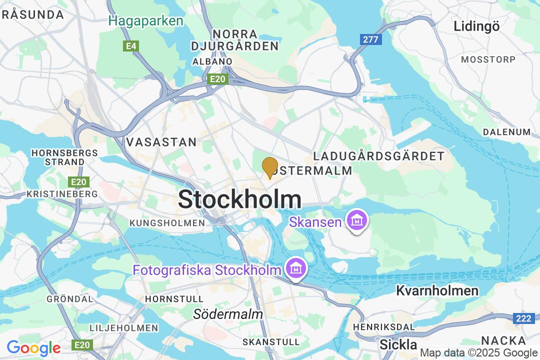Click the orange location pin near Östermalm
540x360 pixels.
coord(270,167)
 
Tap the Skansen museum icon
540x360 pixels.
coord(357,220)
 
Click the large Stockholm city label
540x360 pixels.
coord(239,200)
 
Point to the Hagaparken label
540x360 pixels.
coord(146,21)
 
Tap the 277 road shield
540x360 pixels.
coord(370,39)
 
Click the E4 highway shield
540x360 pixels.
coord(131,46)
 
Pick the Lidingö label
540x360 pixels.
coord(476,26)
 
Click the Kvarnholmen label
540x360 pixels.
coord(437,290)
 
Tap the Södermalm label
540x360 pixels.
coord(228,314)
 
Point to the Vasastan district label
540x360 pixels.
coord(161,142)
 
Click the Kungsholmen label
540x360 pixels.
coord(167,222)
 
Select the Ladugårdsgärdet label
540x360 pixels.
coord(378,156)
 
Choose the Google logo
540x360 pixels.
coord(33,347)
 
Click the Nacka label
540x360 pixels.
coord(503,341)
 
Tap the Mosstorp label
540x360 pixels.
coord(488,59)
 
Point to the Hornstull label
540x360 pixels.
coord(167,298)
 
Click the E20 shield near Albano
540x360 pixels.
coord(218,79)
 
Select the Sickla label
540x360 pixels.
coord(398,344)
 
